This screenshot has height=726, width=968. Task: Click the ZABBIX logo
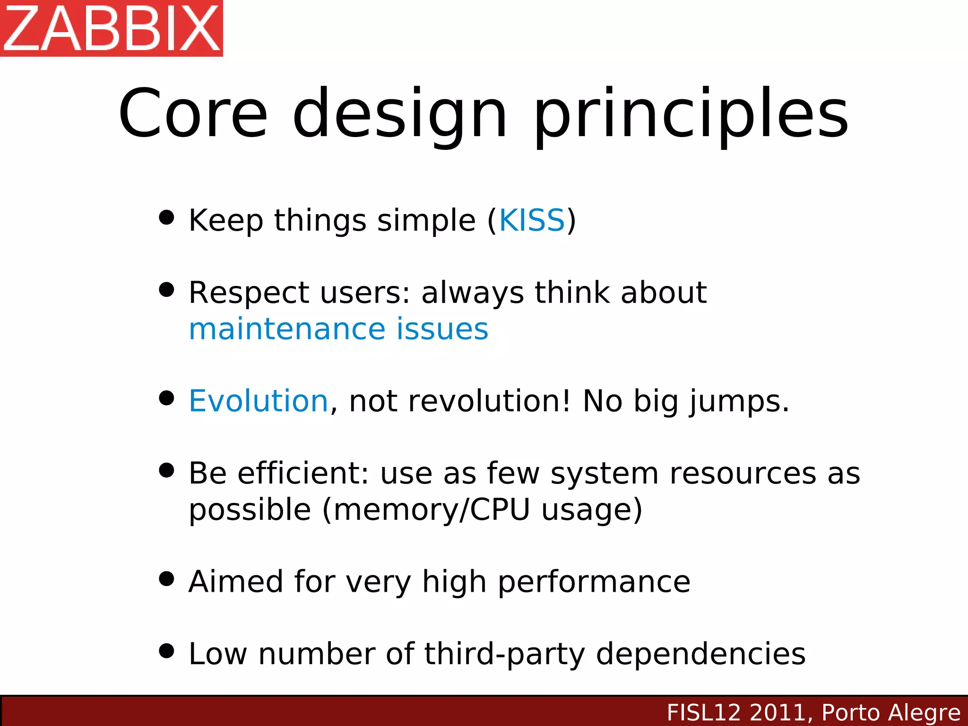(x=112, y=28)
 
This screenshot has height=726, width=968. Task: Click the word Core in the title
(x=193, y=113)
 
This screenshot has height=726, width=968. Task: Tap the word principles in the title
(x=691, y=116)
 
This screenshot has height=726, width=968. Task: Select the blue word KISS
(x=532, y=220)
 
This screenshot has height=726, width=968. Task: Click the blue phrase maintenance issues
(x=338, y=329)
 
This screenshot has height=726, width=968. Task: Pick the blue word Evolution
(x=258, y=401)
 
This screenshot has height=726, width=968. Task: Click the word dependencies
(x=700, y=655)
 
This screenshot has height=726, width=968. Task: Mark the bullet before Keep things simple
(x=166, y=217)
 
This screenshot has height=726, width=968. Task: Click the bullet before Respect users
(x=166, y=290)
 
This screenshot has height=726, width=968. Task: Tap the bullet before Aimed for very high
(x=166, y=579)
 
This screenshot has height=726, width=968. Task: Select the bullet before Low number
(x=166, y=651)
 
